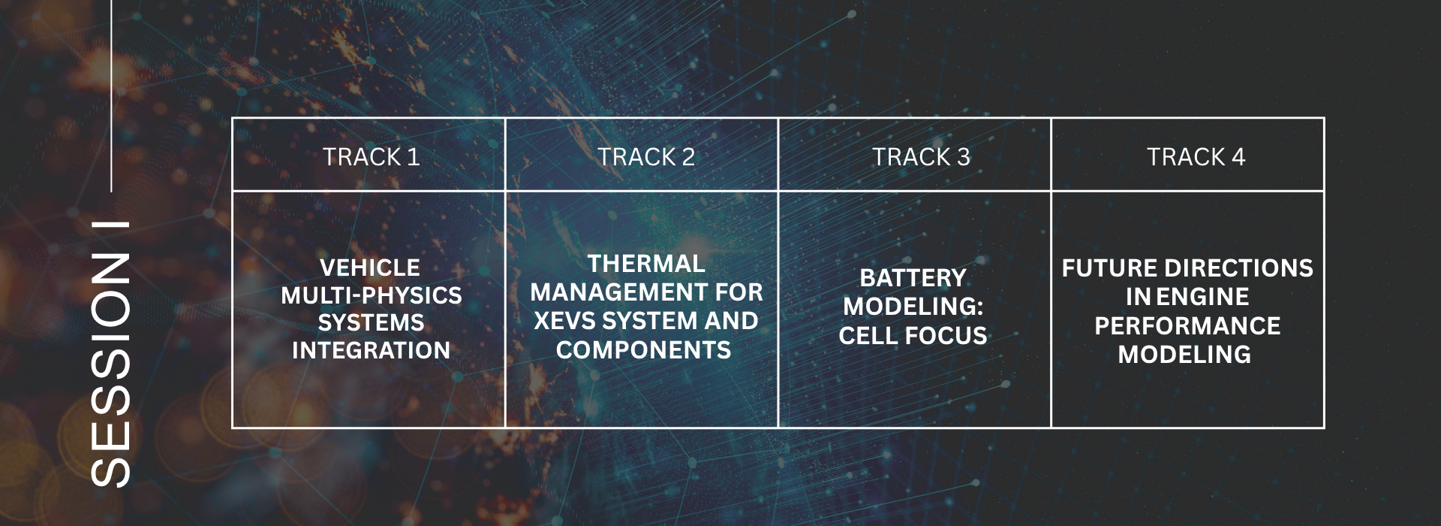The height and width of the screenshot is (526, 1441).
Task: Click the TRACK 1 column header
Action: pos(371,157)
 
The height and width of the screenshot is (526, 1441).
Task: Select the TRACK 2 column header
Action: pos(646,157)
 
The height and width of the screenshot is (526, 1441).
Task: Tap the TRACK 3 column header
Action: pos(921,157)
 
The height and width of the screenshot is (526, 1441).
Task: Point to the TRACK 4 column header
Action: pos(1196,157)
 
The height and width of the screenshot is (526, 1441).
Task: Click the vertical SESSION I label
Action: pos(110,354)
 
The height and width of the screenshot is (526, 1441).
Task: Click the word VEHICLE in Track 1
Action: pos(370,268)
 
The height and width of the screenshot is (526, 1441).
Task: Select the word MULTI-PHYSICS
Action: pos(372,295)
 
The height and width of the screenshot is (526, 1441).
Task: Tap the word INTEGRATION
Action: pos(371,350)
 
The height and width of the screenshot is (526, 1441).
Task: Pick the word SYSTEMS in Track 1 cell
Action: pos(371,322)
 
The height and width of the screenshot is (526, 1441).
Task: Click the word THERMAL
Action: pos(646,264)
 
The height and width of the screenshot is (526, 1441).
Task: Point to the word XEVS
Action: pos(564,321)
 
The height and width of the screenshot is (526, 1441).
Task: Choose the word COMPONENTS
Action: pos(643,350)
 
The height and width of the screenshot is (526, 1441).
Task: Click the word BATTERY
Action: pos(913,278)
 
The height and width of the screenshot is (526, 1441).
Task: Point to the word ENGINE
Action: pos(1202,297)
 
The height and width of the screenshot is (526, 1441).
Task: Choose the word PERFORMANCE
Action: pos(1187,326)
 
